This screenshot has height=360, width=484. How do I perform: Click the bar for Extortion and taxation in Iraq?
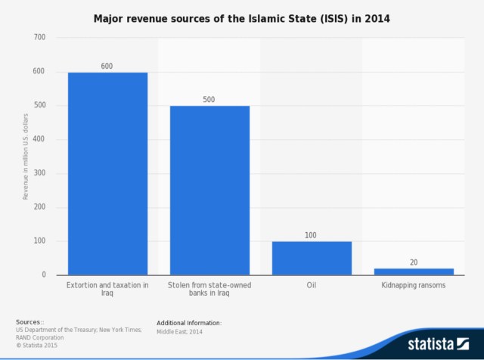(107, 173)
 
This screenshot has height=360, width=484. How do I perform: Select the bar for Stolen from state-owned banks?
(209, 190)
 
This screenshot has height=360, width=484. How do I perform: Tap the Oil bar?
(312, 258)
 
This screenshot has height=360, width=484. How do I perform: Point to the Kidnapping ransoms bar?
(414, 272)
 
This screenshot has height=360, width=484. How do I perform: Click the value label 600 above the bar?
(107, 66)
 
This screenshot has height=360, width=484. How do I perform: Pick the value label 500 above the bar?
(209, 100)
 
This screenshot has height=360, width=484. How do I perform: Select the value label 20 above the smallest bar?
(414, 262)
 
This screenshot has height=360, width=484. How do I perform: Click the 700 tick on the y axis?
(39, 37)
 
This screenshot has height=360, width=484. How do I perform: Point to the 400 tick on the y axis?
(39, 139)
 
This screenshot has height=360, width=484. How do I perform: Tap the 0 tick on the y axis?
(44, 275)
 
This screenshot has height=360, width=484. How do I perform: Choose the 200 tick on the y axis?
(39, 207)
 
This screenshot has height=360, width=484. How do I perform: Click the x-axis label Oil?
(312, 285)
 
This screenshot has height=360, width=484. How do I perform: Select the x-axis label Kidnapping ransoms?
(414, 285)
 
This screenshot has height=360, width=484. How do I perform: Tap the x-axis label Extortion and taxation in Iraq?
(107, 289)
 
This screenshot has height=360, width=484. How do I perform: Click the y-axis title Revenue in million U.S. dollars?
(25, 156)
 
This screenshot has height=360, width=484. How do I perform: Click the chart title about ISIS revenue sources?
(241, 16)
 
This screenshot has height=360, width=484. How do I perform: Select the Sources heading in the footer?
(29, 322)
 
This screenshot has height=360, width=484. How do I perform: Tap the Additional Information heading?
(189, 322)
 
